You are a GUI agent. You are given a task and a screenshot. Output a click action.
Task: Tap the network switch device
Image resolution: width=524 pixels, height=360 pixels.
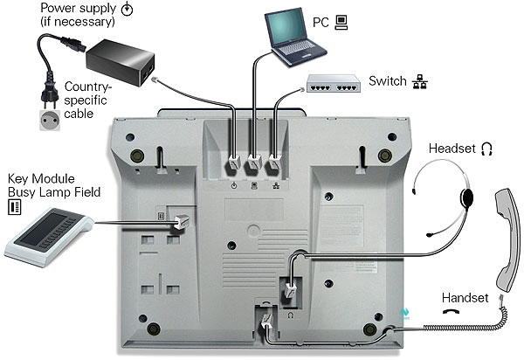tap(333, 85)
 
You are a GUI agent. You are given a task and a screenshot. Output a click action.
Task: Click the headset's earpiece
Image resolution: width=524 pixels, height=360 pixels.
tap(467, 196)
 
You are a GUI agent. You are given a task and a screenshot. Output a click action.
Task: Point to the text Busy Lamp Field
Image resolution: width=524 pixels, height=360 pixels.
tap(45, 190)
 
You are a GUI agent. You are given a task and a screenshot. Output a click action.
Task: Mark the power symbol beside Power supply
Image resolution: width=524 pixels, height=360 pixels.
tap(128, 10)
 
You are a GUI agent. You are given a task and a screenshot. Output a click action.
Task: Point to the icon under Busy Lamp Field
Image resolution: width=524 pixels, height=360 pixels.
tap(14, 206)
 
